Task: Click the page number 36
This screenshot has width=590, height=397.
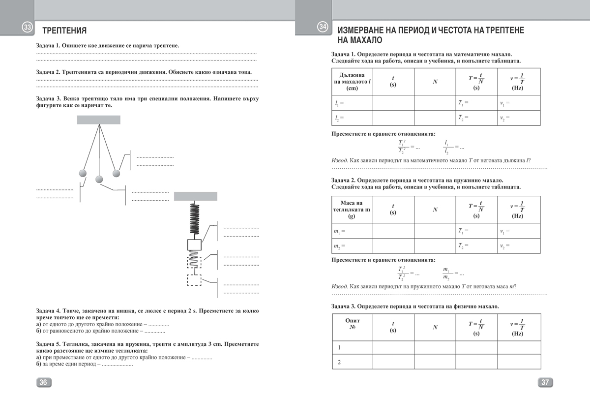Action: (x=43, y=383)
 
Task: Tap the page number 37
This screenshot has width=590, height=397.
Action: (x=545, y=383)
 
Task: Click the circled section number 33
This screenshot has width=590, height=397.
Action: (x=28, y=28)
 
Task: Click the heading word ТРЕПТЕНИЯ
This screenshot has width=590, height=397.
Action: (x=64, y=31)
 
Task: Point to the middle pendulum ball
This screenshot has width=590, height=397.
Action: (x=99, y=179)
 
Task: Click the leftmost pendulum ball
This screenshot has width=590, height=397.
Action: (x=83, y=173)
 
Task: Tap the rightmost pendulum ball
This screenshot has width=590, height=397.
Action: (x=117, y=173)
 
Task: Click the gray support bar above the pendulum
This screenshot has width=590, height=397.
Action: (x=98, y=120)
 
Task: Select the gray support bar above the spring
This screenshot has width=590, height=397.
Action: (x=195, y=196)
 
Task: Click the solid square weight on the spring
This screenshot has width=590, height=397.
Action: (x=195, y=244)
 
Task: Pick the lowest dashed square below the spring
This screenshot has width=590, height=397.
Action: (x=194, y=280)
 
